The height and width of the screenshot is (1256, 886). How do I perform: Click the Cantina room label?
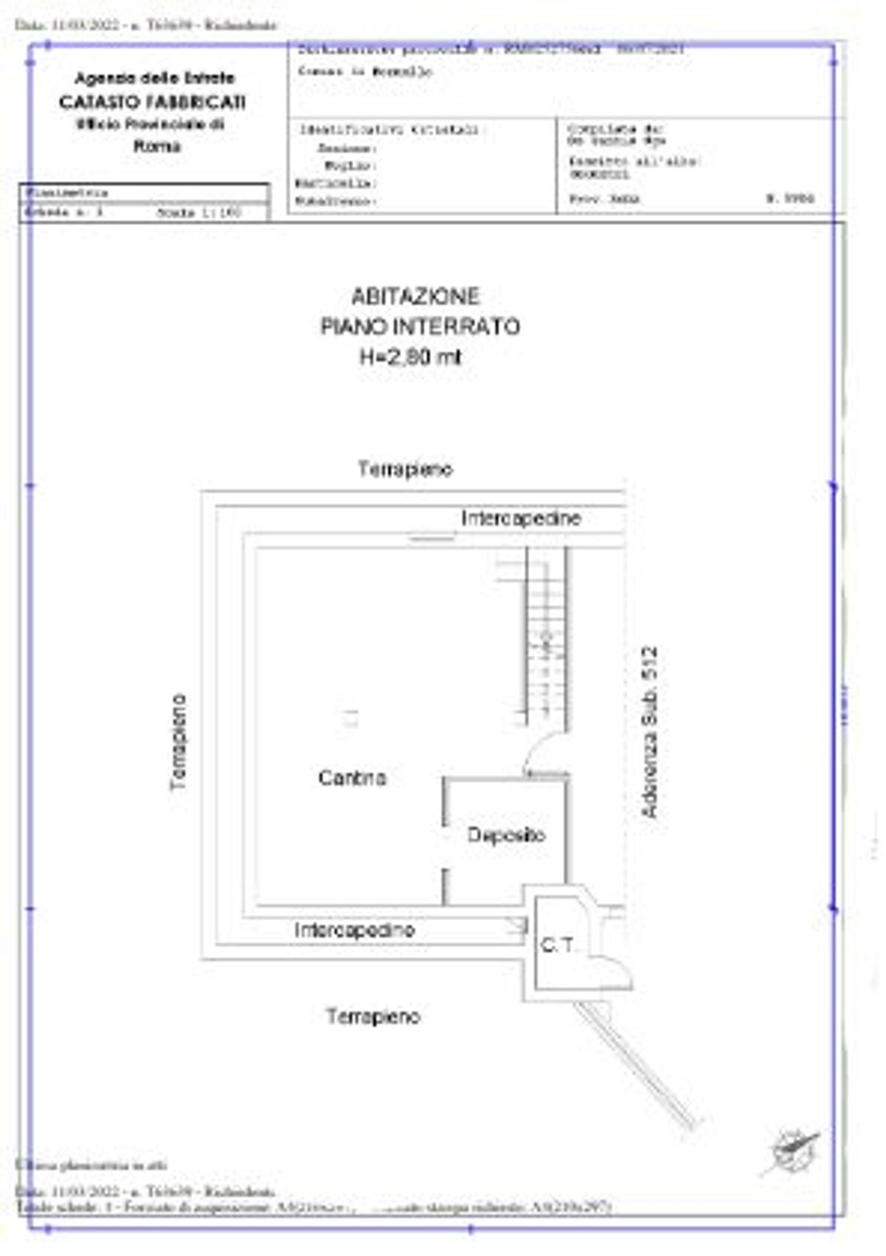pyautogui.click(x=352, y=777)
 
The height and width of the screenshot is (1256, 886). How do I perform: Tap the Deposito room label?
pyautogui.click(x=506, y=835)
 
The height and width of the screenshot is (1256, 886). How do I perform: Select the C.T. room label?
pyautogui.click(x=557, y=945)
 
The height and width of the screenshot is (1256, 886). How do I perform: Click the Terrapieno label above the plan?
pyautogui.click(x=405, y=469)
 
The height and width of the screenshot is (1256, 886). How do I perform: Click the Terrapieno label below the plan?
pyautogui.click(x=373, y=1016)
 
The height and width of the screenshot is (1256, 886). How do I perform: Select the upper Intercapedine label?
pyautogui.click(x=521, y=518)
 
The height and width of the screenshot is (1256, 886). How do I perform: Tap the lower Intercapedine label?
pyautogui.click(x=354, y=930)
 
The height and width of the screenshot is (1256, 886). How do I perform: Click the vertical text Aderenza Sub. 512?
pyautogui.click(x=650, y=733)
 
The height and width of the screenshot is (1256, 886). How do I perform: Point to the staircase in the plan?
pyautogui.click(x=546, y=638)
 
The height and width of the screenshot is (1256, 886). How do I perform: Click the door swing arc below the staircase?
pyautogui.click(x=545, y=751)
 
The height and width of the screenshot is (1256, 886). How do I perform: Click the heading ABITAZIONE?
pyautogui.click(x=415, y=296)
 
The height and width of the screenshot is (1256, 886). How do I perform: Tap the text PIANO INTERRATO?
pyautogui.click(x=420, y=326)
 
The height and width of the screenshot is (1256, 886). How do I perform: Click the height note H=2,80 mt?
pyautogui.click(x=411, y=357)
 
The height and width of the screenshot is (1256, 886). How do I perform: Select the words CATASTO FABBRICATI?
pyautogui.click(x=152, y=102)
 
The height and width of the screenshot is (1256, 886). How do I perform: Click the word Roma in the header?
pyautogui.click(x=157, y=146)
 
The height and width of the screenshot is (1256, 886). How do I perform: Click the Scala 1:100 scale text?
pyautogui.click(x=199, y=213)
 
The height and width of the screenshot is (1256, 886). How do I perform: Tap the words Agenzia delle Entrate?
pyautogui.click(x=155, y=78)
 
